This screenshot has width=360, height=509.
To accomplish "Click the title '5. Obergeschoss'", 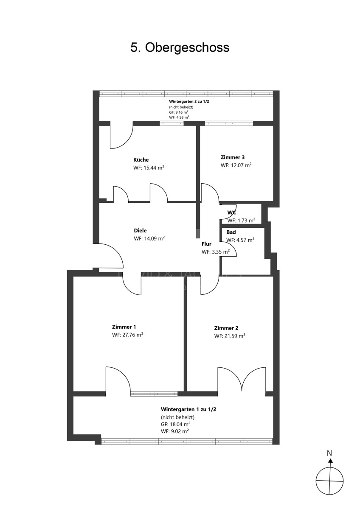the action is point(180,48).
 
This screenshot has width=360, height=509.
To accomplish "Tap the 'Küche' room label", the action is point(141,160).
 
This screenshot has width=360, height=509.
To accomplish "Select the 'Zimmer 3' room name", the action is point(232,157).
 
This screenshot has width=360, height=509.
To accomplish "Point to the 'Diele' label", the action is point(140,231).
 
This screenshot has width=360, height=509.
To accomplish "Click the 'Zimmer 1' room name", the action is point(124,327).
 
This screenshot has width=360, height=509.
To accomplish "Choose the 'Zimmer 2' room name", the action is point(226,328).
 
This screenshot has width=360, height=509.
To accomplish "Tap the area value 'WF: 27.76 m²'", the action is point(127,335).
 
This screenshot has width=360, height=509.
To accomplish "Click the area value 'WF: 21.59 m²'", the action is point(230,336).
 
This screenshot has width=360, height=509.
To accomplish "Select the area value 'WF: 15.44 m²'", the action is point(149,168).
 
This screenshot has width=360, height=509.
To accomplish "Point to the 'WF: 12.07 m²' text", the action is point(236,165).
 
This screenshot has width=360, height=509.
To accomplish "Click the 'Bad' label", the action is point(231,232).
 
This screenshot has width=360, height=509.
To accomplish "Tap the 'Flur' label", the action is point(206,244).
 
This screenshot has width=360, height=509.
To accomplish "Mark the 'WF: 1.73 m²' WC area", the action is point(241,221).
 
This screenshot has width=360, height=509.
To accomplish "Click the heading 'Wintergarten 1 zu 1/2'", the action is point(188,409).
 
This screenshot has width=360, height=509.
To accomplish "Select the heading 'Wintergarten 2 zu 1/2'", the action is point(189,101).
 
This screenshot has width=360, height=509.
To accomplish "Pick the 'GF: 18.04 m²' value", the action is point(176,424).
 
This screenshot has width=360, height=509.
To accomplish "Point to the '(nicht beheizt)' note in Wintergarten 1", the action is point(177,417).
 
